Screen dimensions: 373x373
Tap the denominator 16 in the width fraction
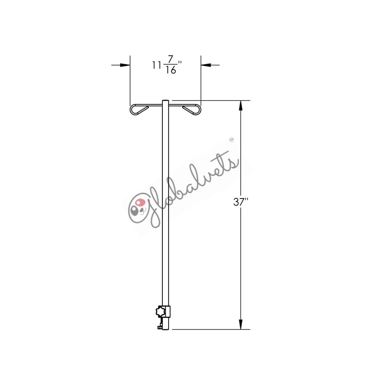point(170,70)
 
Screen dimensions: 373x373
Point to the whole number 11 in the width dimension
point(157,65)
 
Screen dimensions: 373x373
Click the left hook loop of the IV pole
point(139,109)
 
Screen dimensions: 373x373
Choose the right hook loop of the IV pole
point(191,109)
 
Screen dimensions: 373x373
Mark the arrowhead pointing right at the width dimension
point(125,65)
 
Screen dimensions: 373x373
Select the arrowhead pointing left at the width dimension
point(206,65)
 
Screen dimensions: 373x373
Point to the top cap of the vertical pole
point(165,101)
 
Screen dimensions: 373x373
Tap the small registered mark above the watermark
point(232,140)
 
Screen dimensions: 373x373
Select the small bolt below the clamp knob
point(159,327)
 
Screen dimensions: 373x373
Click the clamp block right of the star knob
point(167,311)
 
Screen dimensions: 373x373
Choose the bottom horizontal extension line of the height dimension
point(211,329)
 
